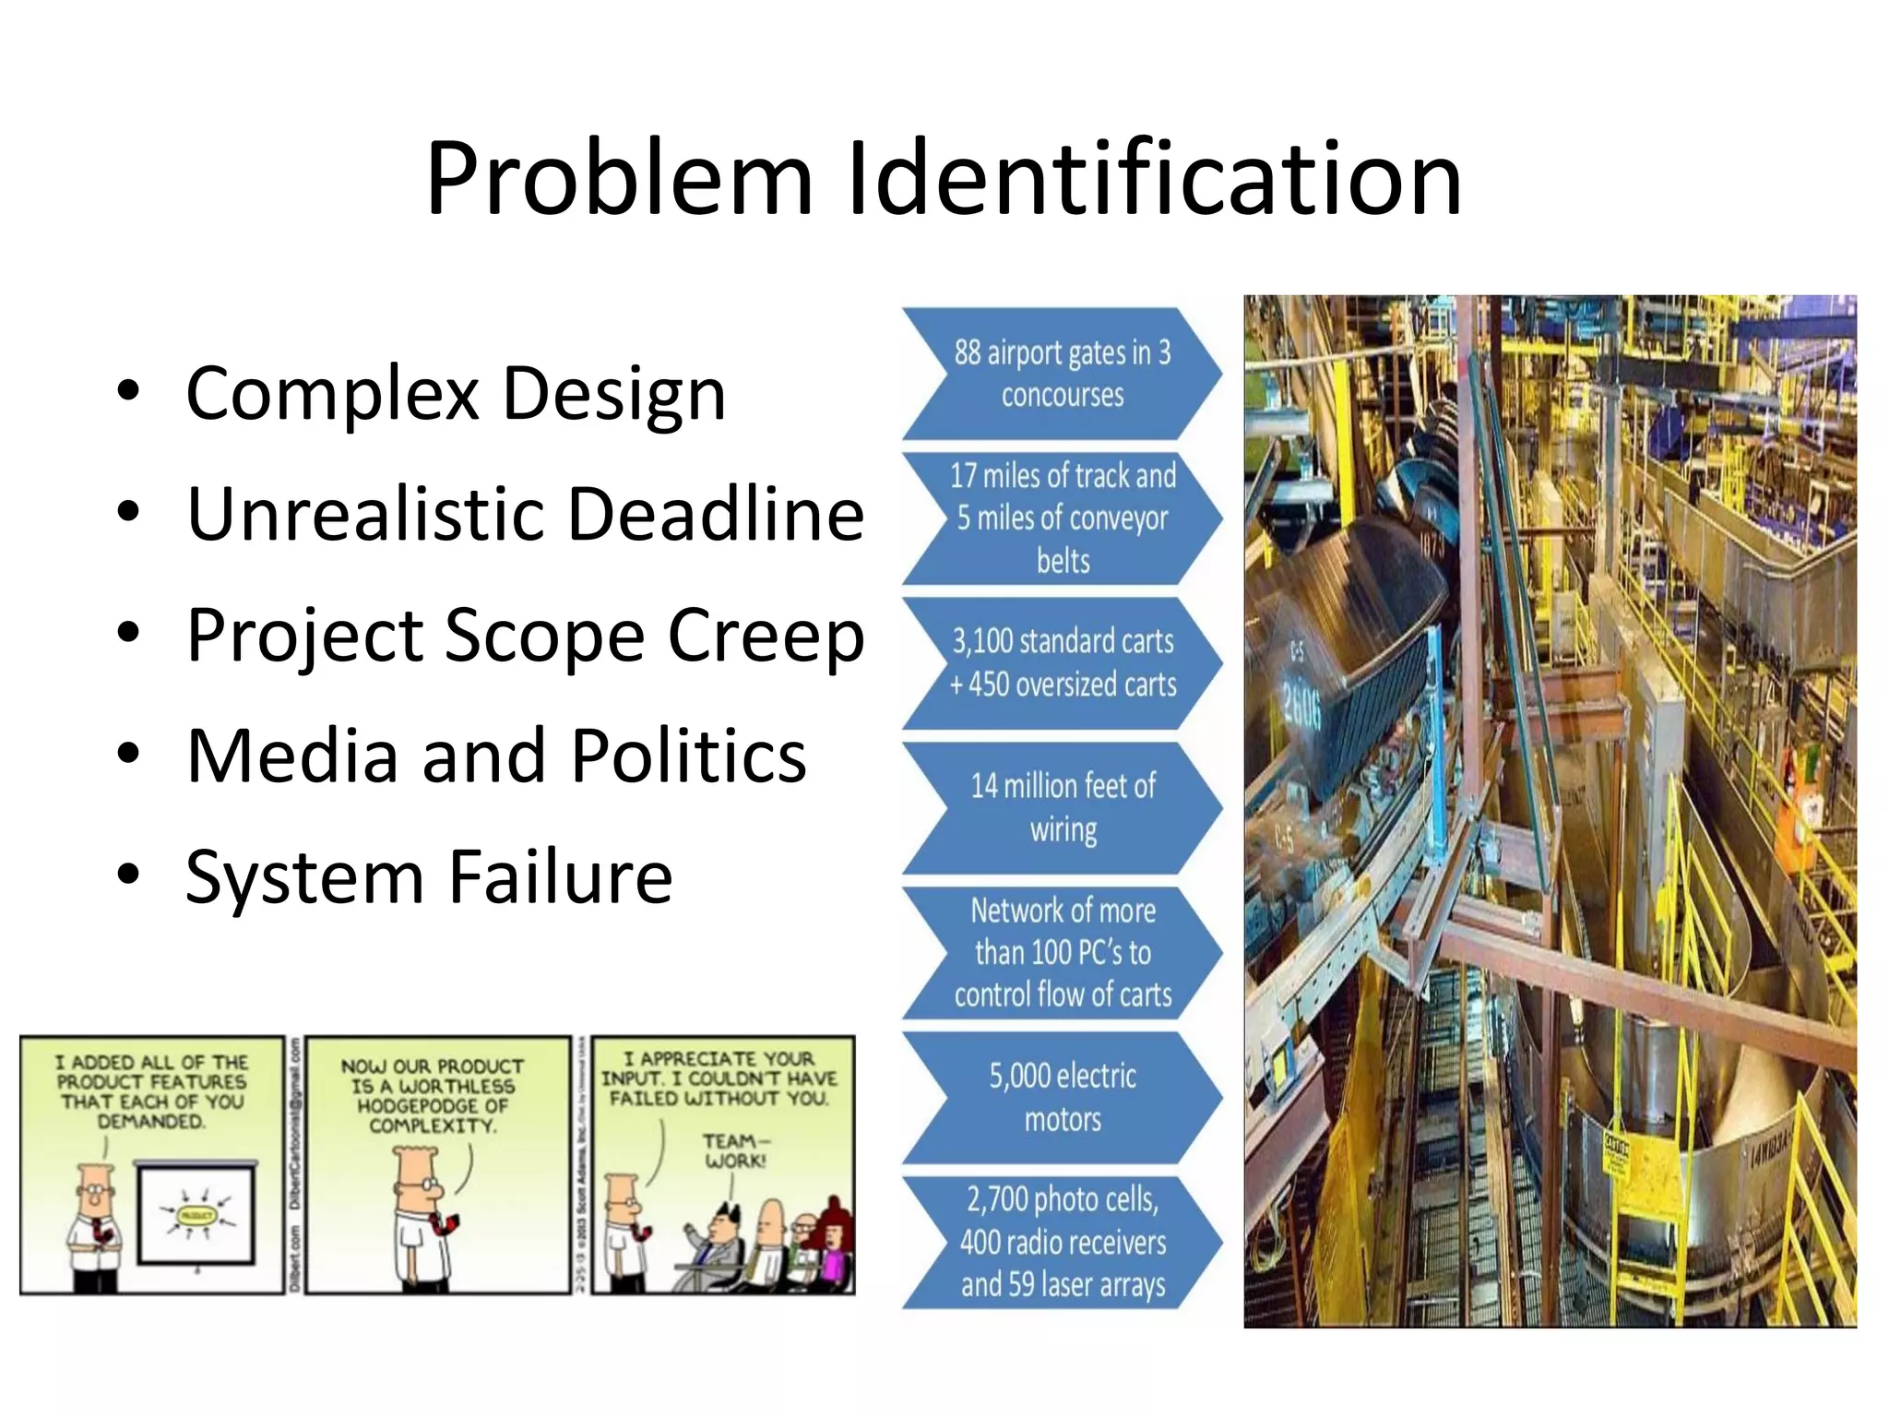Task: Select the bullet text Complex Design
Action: click(x=456, y=394)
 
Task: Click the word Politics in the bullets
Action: click(x=688, y=756)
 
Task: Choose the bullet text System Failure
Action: click(x=429, y=877)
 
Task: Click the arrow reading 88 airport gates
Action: click(x=1062, y=374)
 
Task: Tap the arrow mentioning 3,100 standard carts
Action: click(x=1062, y=663)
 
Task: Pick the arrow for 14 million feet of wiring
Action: click(x=1062, y=808)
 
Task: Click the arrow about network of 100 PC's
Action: click(x=1062, y=953)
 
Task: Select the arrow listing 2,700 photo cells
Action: click(x=1062, y=1243)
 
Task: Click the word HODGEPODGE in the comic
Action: click(x=433, y=1105)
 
